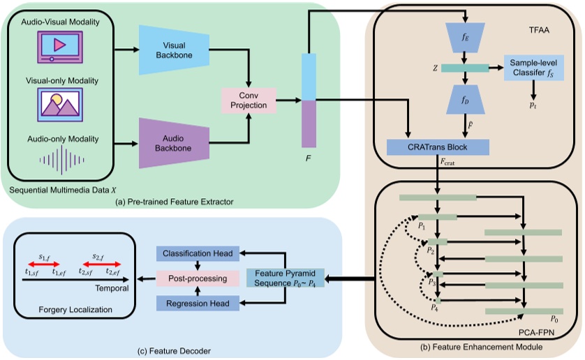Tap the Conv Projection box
249,100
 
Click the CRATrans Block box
438,147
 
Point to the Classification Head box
198,253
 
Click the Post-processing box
198,278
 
